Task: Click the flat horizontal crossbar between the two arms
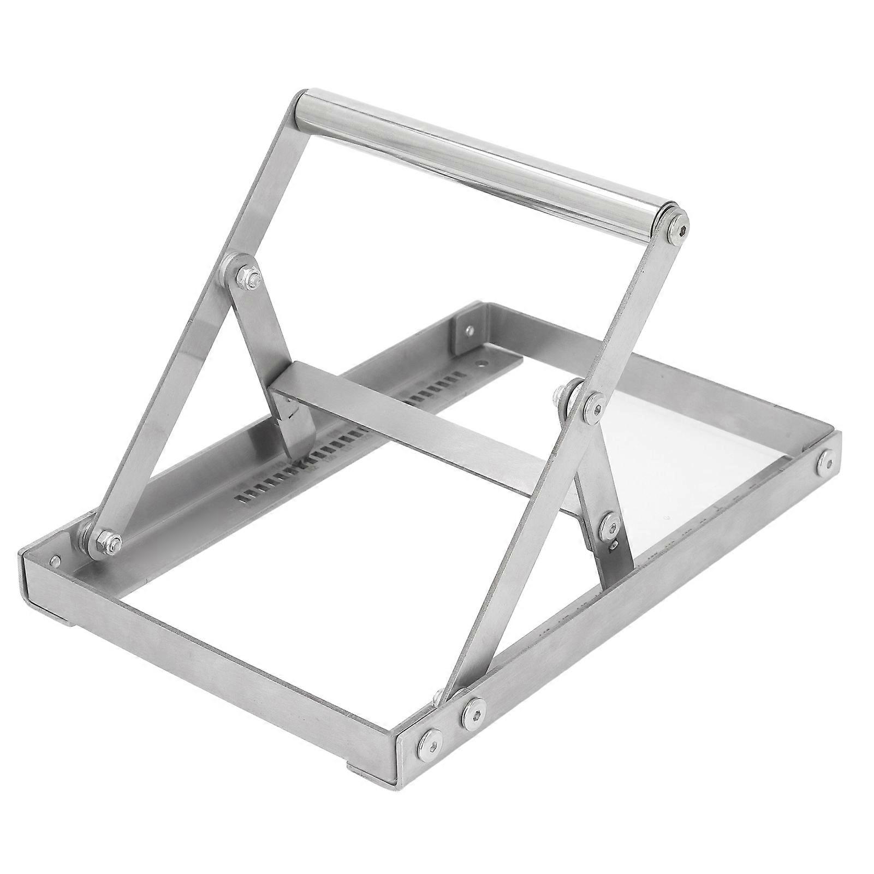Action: tap(415, 426)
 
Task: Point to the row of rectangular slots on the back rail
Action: tap(338, 437)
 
